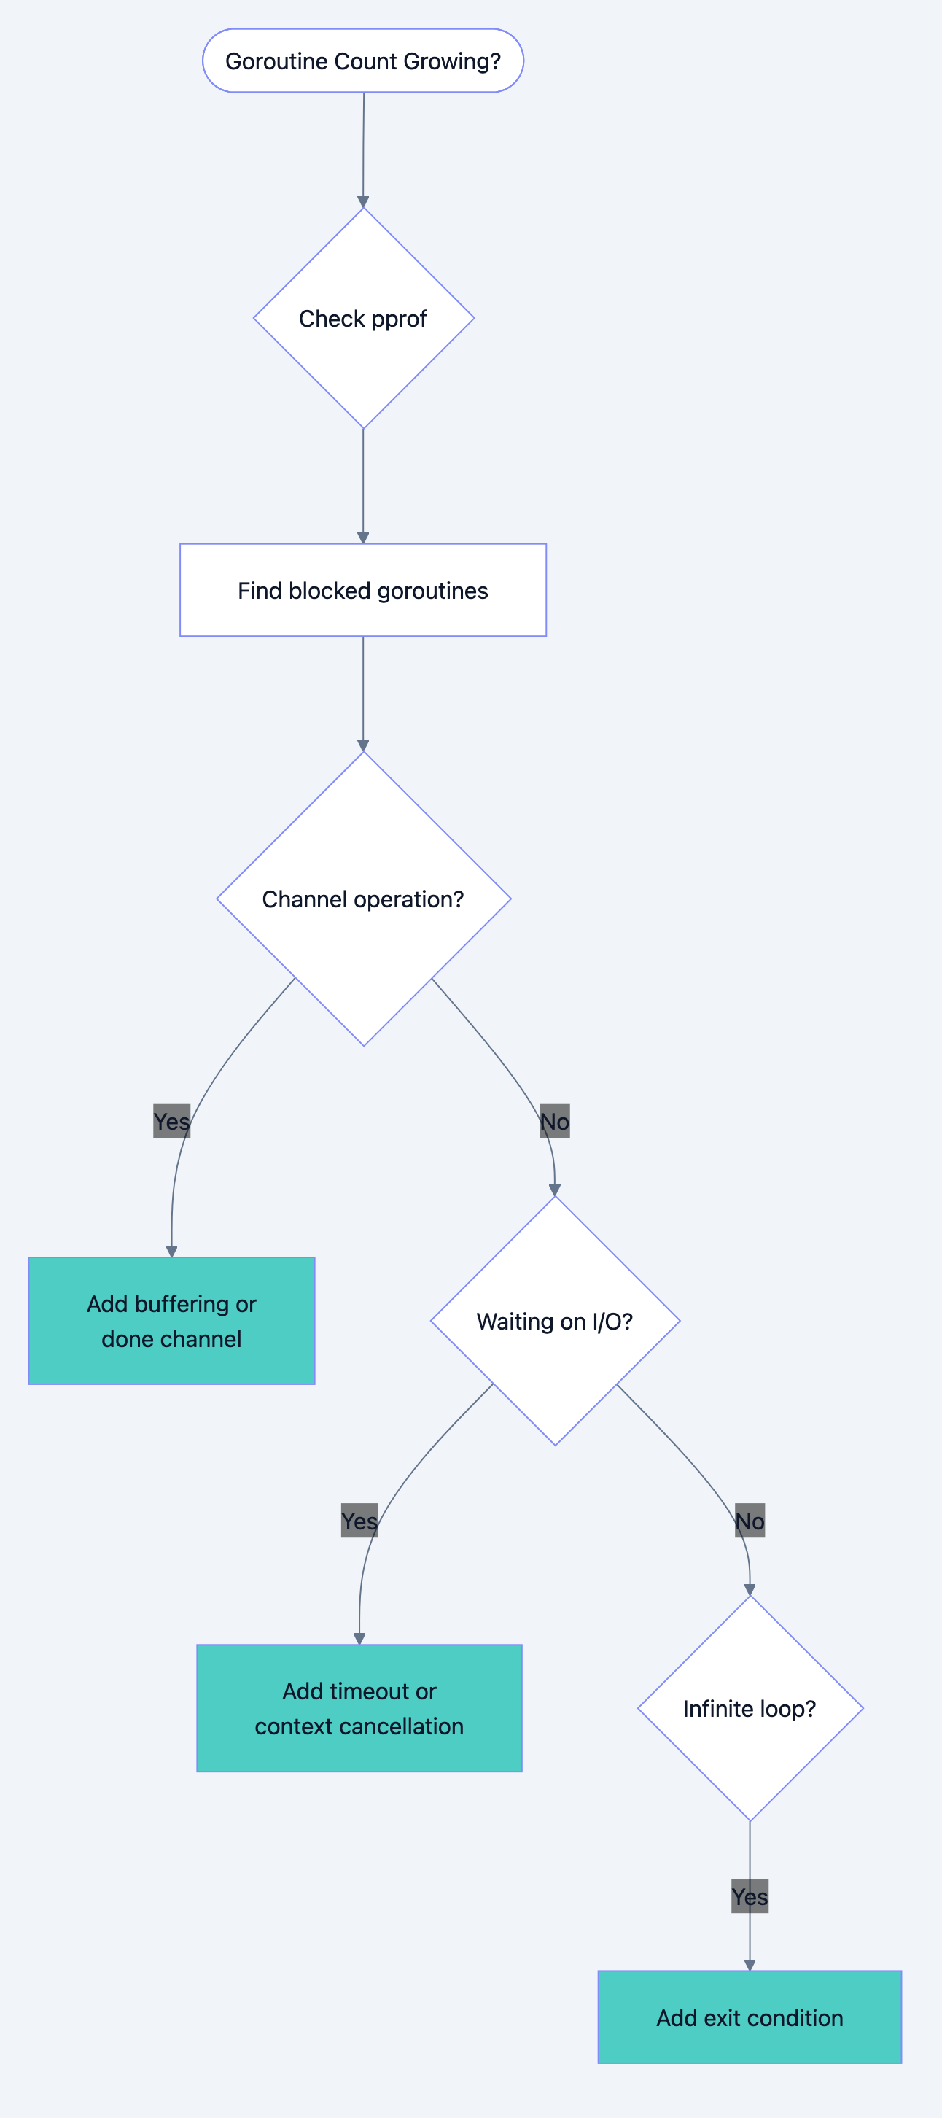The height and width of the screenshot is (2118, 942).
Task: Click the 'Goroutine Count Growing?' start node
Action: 362,61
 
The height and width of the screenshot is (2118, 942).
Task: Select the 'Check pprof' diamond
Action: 362,318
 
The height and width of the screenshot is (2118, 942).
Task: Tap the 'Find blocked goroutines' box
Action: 362,590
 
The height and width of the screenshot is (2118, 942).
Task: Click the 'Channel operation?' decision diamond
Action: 362,899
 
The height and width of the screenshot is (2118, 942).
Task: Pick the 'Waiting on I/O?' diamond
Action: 555,1322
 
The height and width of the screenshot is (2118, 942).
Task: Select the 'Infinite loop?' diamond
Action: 750,1709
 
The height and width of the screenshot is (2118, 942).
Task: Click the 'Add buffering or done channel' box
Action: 171,1320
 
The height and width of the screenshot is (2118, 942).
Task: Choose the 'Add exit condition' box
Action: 750,2017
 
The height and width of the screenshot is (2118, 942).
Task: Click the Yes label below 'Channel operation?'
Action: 171,1122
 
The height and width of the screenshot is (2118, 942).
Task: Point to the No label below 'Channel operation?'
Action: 555,1122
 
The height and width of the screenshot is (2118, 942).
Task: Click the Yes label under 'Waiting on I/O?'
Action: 359,1521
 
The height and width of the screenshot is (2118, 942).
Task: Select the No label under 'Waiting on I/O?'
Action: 750,1521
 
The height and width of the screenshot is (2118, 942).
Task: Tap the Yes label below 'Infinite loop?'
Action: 750,1896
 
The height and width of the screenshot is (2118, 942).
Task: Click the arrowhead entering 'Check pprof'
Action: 362,202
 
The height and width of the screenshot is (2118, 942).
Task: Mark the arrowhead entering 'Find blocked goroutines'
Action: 362,538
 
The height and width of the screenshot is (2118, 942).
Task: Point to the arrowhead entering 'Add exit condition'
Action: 750,1965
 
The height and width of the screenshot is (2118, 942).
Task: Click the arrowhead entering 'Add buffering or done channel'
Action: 171,1252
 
